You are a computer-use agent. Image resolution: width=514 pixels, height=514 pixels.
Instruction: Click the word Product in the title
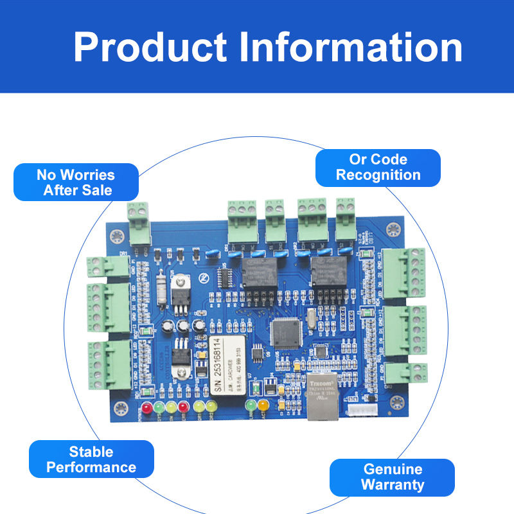(150, 47)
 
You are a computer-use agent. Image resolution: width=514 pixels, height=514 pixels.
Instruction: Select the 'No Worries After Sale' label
(76, 182)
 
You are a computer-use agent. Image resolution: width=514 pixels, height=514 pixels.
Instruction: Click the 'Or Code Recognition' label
(378, 167)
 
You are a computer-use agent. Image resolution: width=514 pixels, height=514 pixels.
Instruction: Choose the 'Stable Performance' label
(91, 459)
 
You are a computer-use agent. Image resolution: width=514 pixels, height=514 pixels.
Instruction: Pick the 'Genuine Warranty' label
(392, 477)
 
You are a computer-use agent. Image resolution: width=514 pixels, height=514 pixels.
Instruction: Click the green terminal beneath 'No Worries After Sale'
(137, 222)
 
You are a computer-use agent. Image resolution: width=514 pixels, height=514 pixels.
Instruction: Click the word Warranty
(393, 484)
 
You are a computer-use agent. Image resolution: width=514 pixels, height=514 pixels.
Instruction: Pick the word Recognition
(378, 175)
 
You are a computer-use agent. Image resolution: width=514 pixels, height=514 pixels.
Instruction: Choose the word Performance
(91, 467)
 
